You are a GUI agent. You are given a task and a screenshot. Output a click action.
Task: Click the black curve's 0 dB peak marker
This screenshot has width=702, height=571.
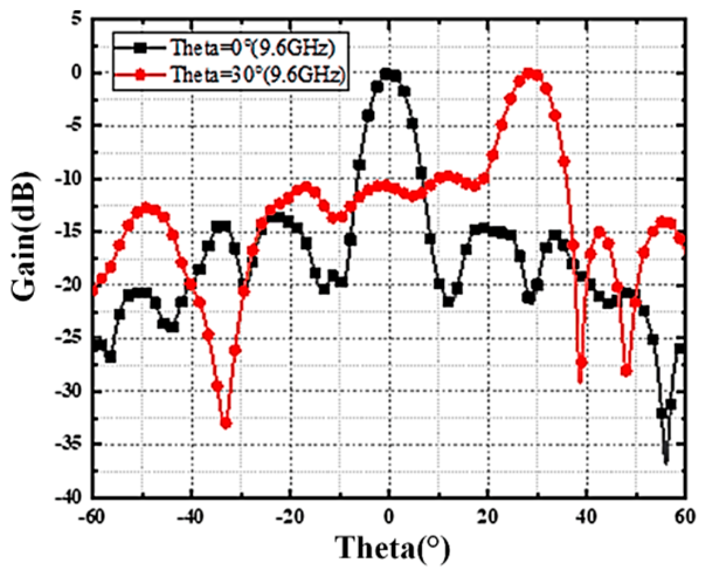386,74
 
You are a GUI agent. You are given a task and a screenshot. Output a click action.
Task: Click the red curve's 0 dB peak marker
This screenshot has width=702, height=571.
529,74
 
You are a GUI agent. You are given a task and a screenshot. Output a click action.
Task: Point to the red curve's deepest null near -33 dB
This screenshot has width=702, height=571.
226,423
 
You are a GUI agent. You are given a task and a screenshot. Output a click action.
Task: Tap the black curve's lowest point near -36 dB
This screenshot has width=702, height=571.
666,460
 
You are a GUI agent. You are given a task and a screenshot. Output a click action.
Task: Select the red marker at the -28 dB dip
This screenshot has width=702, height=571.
626,371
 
